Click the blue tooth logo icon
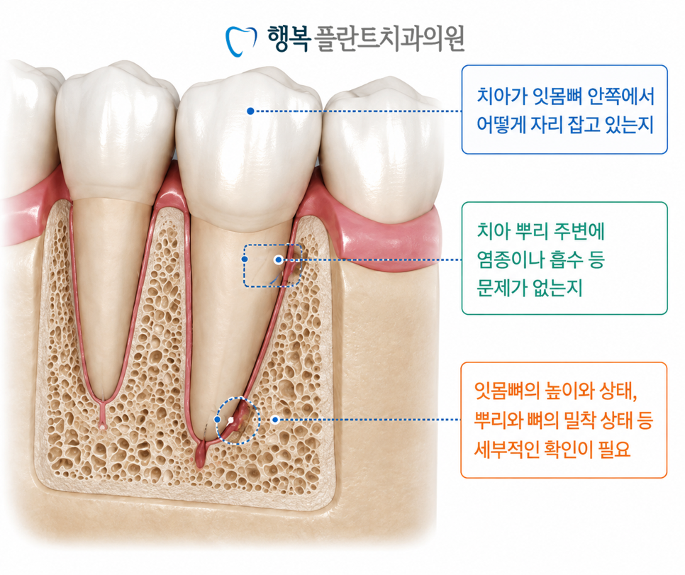[240, 41]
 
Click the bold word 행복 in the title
[289, 38]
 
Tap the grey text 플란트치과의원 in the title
[390, 38]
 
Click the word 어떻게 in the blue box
[500, 125]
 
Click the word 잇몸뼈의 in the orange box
[507, 391]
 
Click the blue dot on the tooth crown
[250, 111]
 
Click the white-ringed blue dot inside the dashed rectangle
[278, 260]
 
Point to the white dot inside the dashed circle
[230, 420]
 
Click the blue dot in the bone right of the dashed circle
[275, 420]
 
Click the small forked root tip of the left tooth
[103, 422]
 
